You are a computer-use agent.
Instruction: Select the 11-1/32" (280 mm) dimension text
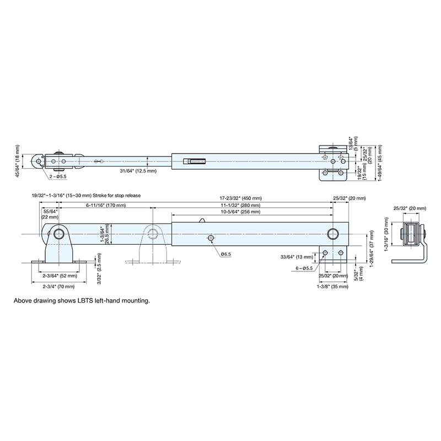(x=243, y=205)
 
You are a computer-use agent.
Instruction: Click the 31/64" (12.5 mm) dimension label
(x=138, y=171)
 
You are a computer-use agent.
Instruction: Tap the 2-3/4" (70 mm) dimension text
(x=58, y=286)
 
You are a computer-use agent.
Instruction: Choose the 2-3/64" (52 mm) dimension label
(x=58, y=276)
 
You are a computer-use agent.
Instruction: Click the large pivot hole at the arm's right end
(x=333, y=234)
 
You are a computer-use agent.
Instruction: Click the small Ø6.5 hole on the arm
(x=211, y=238)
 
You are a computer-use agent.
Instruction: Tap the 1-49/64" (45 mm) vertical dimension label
(x=379, y=163)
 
